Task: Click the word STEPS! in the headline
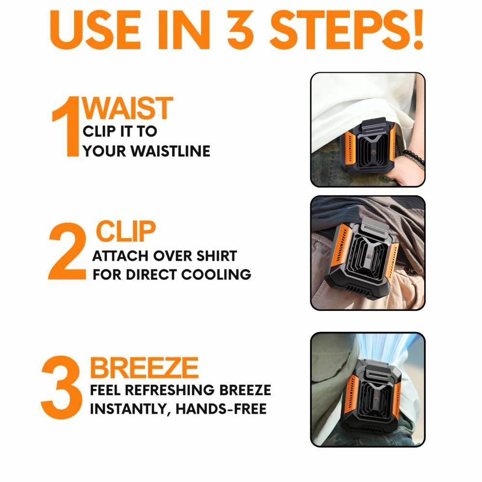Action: pyautogui.click(x=347, y=30)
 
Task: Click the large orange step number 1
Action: pyautogui.click(x=66, y=126)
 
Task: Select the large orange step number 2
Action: pyautogui.click(x=67, y=251)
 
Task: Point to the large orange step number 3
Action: pyautogui.click(x=62, y=388)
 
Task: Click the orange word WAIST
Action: pyautogui.click(x=128, y=107)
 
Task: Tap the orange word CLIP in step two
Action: pyautogui.click(x=126, y=231)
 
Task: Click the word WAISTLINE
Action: pyautogui.click(x=171, y=151)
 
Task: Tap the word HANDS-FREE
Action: pyautogui.click(x=221, y=409)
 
